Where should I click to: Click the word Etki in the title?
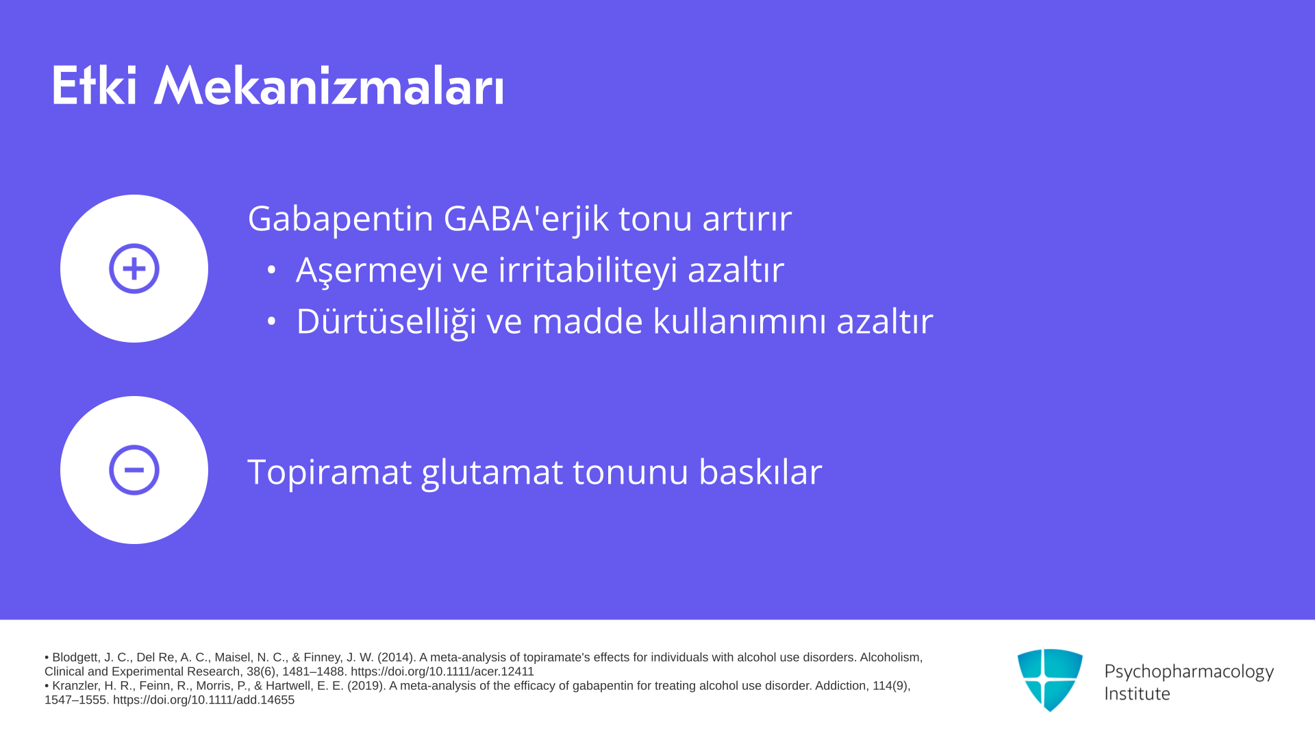pyautogui.click(x=95, y=86)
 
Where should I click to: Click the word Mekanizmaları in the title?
pyautogui.click(x=329, y=86)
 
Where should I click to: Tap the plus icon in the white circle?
pyautogui.click(x=134, y=269)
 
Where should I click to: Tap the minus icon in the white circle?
pyautogui.click(x=134, y=470)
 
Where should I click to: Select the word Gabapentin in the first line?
pyautogui.click(x=340, y=219)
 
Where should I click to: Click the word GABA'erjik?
pyautogui.click(x=526, y=219)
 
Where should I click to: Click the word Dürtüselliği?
pyautogui.click(x=386, y=322)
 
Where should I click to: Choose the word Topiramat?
pyautogui.click(x=329, y=473)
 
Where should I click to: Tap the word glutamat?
pyautogui.click(x=492, y=473)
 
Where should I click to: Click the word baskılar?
pyautogui.click(x=760, y=472)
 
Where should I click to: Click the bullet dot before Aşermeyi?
pyautogui.click(x=271, y=270)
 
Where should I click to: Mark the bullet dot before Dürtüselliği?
pyautogui.click(x=271, y=321)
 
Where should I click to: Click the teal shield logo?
pyautogui.click(x=1050, y=680)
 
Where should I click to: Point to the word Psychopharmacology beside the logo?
pyautogui.click(x=1189, y=672)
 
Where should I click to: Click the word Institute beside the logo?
pyautogui.click(x=1137, y=694)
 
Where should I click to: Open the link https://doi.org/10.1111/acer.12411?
pyautogui.click(x=442, y=671)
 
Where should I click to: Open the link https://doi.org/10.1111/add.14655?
pyautogui.click(x=203, y=700)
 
